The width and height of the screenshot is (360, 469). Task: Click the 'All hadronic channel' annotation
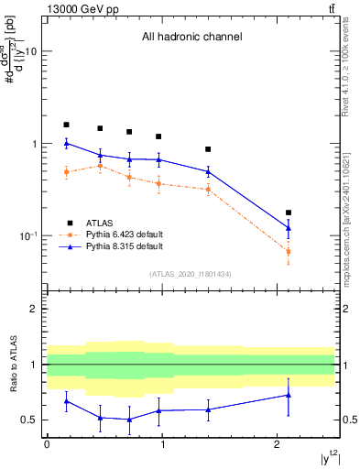click(191, 38)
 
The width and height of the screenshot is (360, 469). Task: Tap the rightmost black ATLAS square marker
click(289, 213)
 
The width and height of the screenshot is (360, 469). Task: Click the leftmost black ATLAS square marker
click(66, 125)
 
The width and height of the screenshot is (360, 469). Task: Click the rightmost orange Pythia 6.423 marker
click(289, 251)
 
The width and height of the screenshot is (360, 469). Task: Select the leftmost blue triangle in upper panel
click(66, 143)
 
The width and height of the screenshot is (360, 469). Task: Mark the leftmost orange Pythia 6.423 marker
click(66, 171)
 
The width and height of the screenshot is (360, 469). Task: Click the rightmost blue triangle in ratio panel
click(289, 395)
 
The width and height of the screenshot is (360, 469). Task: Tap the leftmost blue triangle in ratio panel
click(66, 401)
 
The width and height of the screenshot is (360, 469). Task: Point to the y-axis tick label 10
click(30, 52)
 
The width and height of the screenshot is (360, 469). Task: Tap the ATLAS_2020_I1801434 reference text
click(191, 274)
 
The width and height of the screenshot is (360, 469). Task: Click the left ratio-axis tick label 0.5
click(29, 420)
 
